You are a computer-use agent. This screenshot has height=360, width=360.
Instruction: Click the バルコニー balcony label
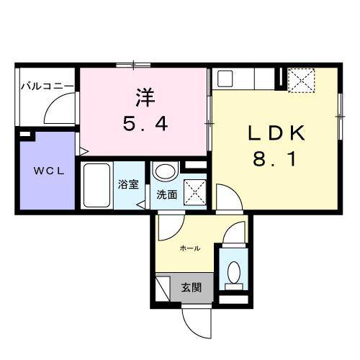46,86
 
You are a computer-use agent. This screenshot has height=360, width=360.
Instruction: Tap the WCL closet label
46,171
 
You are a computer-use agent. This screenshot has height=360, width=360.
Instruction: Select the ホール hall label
189,248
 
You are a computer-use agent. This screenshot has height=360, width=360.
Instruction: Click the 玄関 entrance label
192,287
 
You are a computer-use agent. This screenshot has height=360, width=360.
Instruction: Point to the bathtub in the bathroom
96,185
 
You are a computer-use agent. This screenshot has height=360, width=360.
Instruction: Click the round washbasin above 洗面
165,173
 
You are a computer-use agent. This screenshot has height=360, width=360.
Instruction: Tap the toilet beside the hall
233,271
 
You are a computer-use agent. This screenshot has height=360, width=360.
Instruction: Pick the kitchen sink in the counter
225,78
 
